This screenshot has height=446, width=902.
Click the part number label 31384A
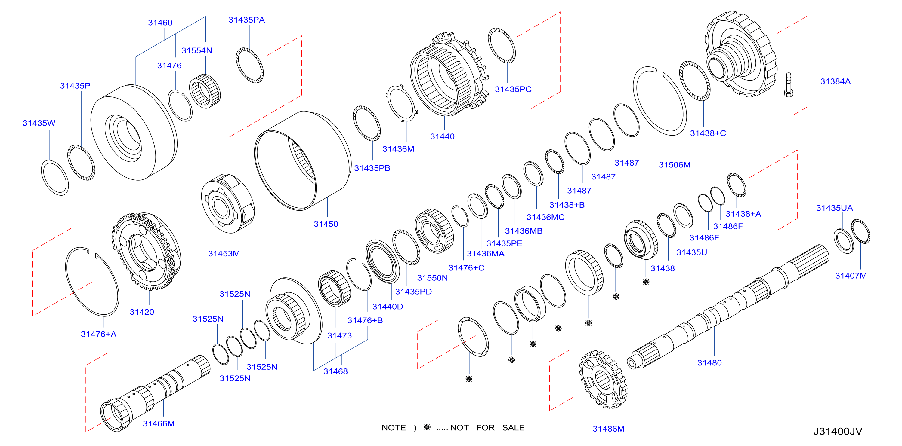[x=835, y=81]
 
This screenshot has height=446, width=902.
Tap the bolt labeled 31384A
[x=789, y=85]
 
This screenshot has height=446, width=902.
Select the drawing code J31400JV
[x=838, y=431]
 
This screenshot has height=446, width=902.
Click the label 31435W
[x=39, y=123]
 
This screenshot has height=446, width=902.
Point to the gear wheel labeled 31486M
[x=603, y=380]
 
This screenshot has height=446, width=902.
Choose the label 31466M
[x=159, y=424]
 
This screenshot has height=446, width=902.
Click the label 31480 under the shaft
[x=709, y=363]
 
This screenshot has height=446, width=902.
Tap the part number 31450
[x=326, y=224]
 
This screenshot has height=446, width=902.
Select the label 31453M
[x=224, y=254]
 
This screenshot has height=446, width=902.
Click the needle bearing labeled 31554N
[x=205, y=91]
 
